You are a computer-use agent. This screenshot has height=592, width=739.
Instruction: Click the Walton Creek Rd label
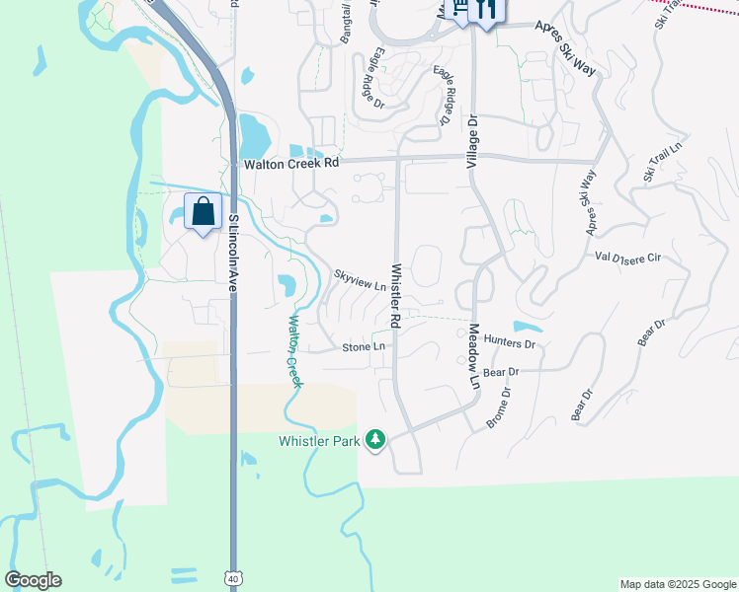[x=291, y=164]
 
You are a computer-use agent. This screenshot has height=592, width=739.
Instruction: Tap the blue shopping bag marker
[x=204, y=212]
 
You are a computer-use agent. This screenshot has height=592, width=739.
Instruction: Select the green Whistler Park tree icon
[x=374, y=439]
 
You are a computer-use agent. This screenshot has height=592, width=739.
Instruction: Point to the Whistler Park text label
[x=319, y=441]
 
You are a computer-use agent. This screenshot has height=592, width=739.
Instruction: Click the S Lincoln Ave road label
[x=234, y=254]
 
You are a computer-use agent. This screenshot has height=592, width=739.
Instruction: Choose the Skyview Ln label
[x=360, y=280]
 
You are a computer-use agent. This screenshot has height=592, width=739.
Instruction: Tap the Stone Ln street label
[x=364, y=347]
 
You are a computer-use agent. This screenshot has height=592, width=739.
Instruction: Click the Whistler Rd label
[x=395, y=295]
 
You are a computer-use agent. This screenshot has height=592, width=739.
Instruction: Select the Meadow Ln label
[x=473, y=355]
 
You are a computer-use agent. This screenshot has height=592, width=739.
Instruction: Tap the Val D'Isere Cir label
[x=627, y=257]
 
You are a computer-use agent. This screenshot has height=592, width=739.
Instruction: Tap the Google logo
[x=33, y=580]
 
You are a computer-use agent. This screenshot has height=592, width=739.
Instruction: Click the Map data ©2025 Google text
[x=678, y=584]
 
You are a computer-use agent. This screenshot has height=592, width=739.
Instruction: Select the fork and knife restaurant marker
[x=485, y=10]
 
